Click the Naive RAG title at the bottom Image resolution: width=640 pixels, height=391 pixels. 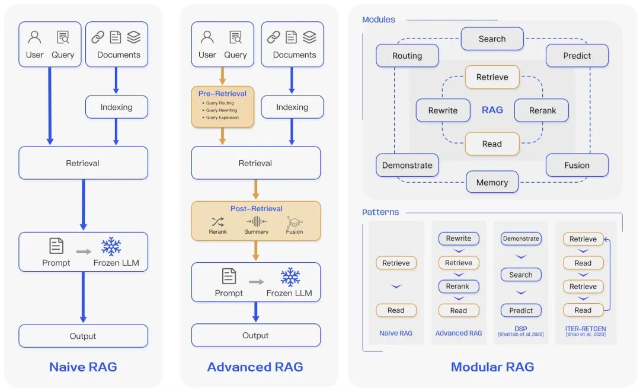click(x=83, y=367)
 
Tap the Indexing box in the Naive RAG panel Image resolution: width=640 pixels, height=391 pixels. click(x=116, y=107)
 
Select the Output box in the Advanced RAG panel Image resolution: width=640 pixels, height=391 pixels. click(x=255, y=335)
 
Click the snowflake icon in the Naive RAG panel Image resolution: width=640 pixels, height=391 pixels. click(x=111, y=246)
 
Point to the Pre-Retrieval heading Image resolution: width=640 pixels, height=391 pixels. click(x=222, y=93)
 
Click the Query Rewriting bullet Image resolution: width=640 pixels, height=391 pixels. click(x=221, y=110)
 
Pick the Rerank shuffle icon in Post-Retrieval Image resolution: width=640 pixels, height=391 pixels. click(x=217, y=221)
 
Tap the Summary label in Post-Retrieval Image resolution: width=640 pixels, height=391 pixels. click(x=256, y=232)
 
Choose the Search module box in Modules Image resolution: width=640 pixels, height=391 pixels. click(x=492, y=39)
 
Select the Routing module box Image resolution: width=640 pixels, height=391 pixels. click(x=407, y=56)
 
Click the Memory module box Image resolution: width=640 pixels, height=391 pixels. click(x=492, y=182)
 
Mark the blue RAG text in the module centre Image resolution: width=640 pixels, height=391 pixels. click(x=492, y=110)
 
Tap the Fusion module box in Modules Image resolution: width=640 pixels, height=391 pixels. click(x=577, y=165)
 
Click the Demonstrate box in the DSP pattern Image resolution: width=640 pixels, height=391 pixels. click(x=520, y=239)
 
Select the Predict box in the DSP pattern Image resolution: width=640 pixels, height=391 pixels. click(x=520, y=310)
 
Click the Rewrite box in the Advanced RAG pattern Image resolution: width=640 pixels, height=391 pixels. click(x=458, y=239)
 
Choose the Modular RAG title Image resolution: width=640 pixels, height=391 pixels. click(x=492, y=367)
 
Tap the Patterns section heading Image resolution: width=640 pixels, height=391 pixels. click(x=380, y=212)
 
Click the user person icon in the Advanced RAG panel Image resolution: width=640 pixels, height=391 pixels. click(x=207, y=37)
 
